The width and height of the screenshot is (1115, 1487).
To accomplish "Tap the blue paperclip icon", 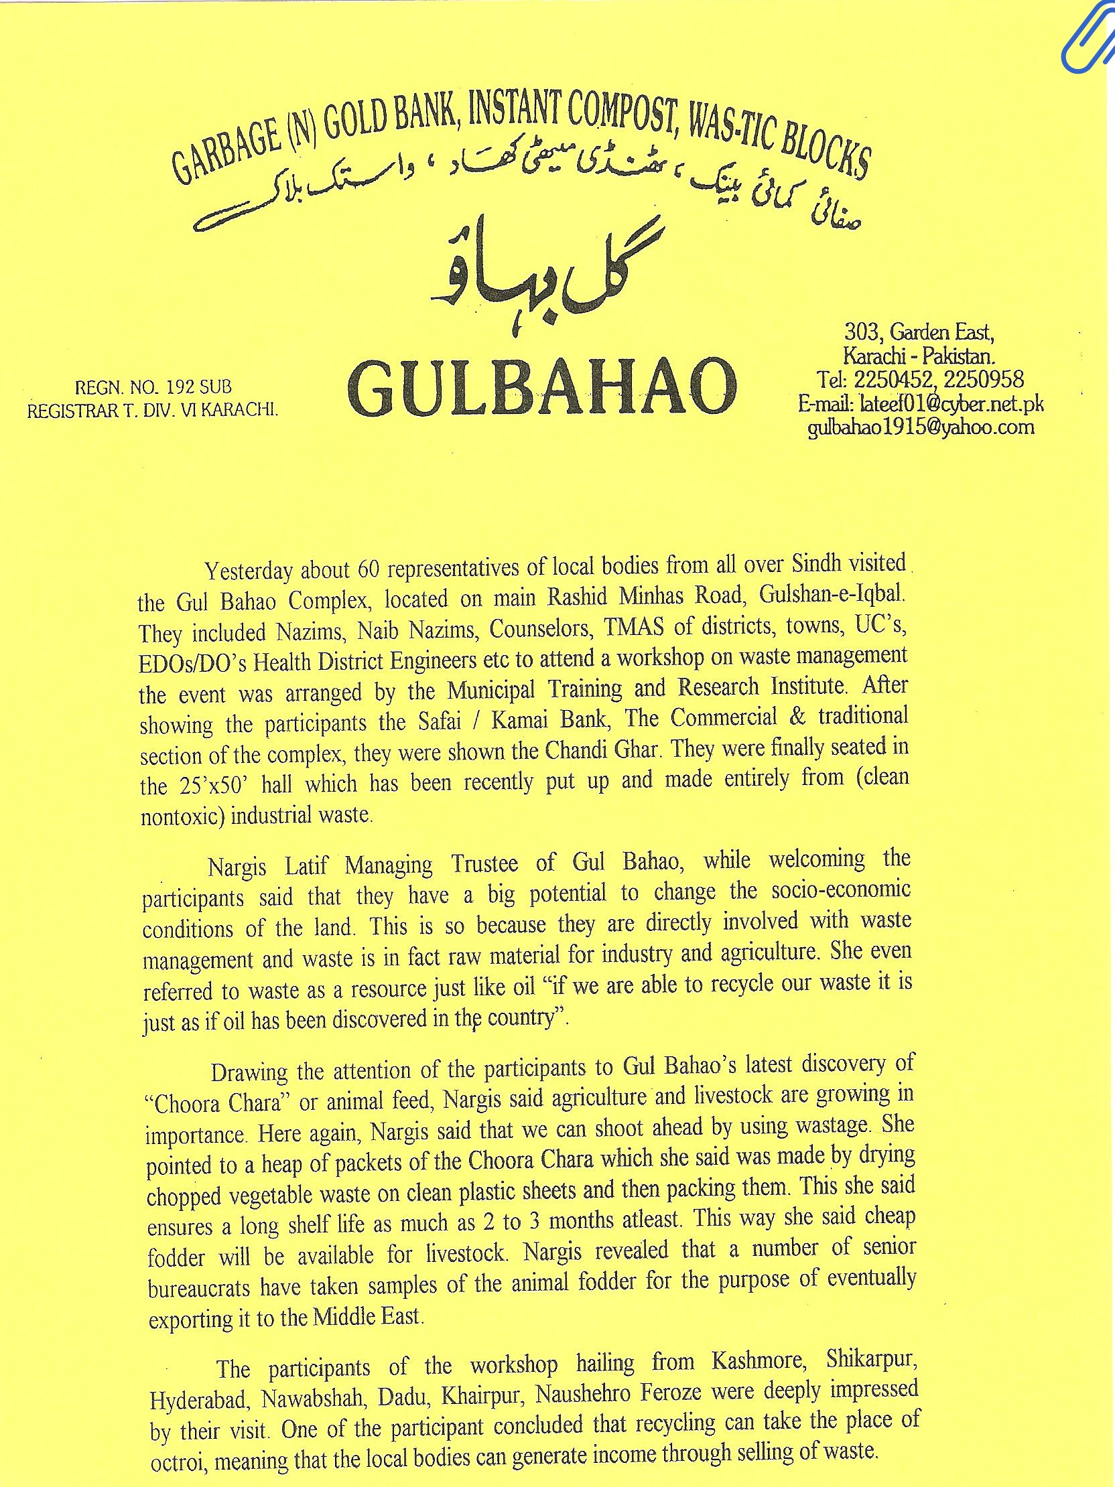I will [x=1088, y=40].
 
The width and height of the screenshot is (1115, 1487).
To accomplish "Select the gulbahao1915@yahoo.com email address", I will [x=921, y=427].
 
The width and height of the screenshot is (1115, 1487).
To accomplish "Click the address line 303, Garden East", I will [x=919, y=332].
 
